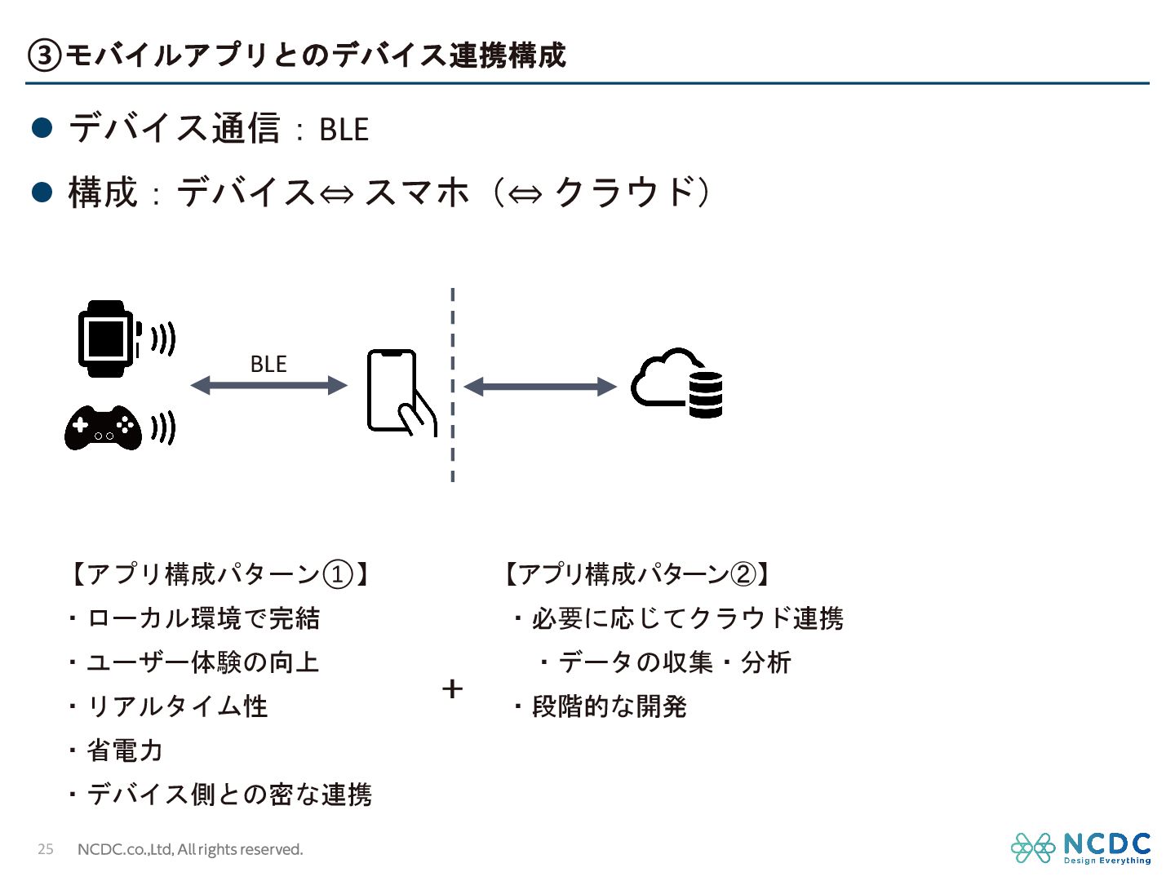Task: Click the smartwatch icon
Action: tap(106, 339)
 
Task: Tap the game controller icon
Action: tap(103, 427)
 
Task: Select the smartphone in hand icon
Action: tap(400, 392)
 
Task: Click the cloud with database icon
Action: tap(677, 383)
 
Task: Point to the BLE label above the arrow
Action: tap(268, 364)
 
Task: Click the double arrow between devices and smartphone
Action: tap(268, 385)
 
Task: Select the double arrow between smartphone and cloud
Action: tap(539, 387)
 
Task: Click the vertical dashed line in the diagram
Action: tap(453, 383)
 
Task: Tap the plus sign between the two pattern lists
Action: tap(452, 689)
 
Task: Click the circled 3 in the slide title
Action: tap(44, 55)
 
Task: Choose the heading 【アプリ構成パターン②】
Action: tap(636, 574)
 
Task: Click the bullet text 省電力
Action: tap(125, 750)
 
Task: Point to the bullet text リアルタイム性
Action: tap(177, 706)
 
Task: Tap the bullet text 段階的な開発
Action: tap(609, 706)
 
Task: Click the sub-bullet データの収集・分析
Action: tap(674, 662)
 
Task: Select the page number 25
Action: tap(46, 849)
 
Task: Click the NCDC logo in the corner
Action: tap(1080, 848)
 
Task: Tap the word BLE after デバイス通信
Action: tap(344, 130)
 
